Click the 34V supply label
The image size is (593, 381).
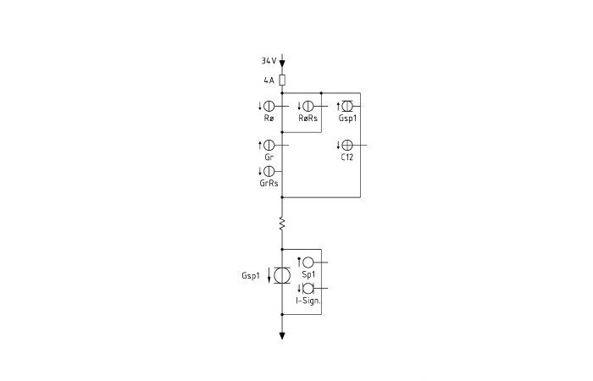(x=269, y=60)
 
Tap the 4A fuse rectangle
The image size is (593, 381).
(x=282, y=80)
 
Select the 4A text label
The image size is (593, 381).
(x=269, y=80)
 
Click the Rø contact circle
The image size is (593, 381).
(x=269, y=106)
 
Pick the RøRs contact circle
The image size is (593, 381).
(x=308, y=106)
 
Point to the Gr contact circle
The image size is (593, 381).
(x=269, y=145)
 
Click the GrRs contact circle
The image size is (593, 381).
(x=269, y=171)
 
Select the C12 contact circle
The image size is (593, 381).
(x=347, y=145)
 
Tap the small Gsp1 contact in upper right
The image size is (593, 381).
(x=347, y=106)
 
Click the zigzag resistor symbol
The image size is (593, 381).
(x=282, y=224)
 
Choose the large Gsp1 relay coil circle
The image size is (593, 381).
(x=282, y=275)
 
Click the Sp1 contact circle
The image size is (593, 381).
(x=308, y=262)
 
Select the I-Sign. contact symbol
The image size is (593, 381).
(x=308, y=289)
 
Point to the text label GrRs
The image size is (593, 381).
(x=269, y=184)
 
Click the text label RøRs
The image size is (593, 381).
(x=308, y=119)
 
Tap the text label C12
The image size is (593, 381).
(x=347, y=157)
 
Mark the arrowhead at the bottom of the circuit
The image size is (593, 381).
(x=282, y=335)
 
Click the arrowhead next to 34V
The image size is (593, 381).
(x=282, y=63)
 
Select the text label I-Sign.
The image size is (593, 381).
(x=308, y=301)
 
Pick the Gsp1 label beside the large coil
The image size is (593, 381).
(x=251, y=276)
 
